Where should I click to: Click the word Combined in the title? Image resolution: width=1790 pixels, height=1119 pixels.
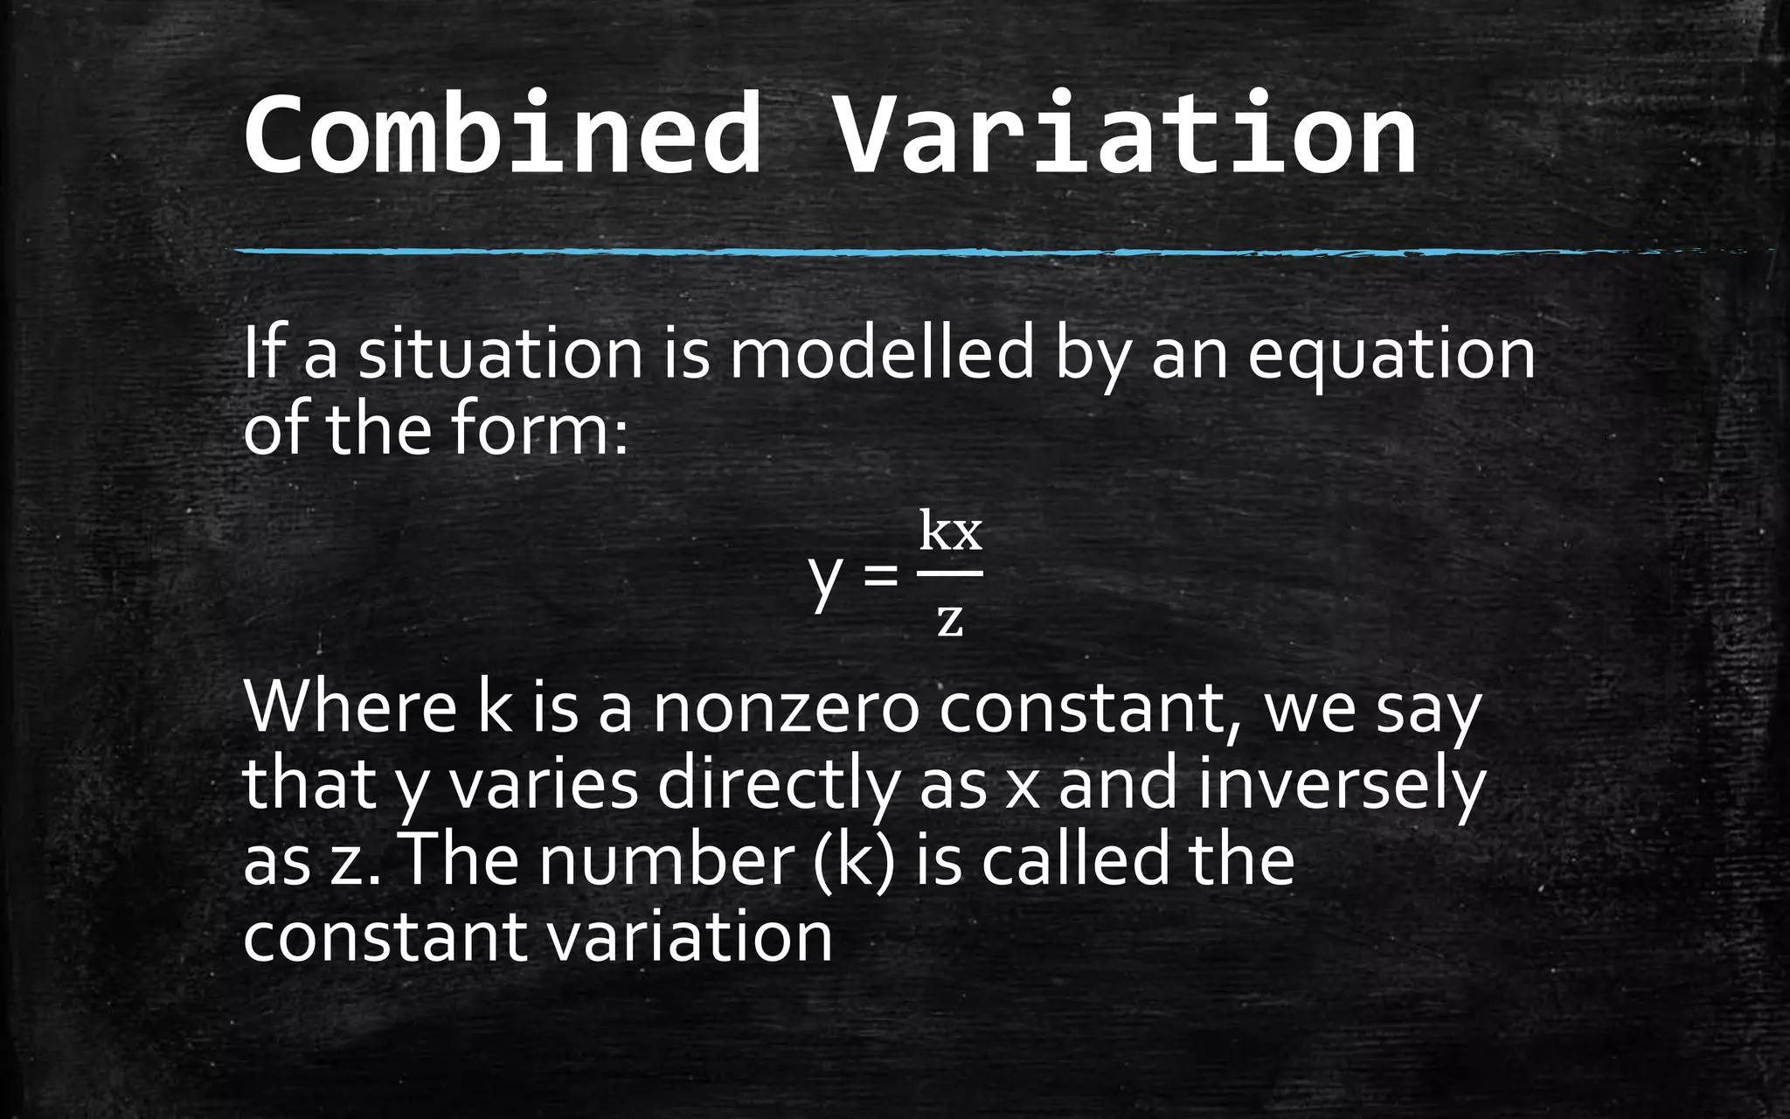pos(503,136)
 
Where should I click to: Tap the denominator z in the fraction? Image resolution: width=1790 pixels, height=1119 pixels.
pos(949,619)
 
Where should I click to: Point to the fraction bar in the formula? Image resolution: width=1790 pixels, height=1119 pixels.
pos(950,573)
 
